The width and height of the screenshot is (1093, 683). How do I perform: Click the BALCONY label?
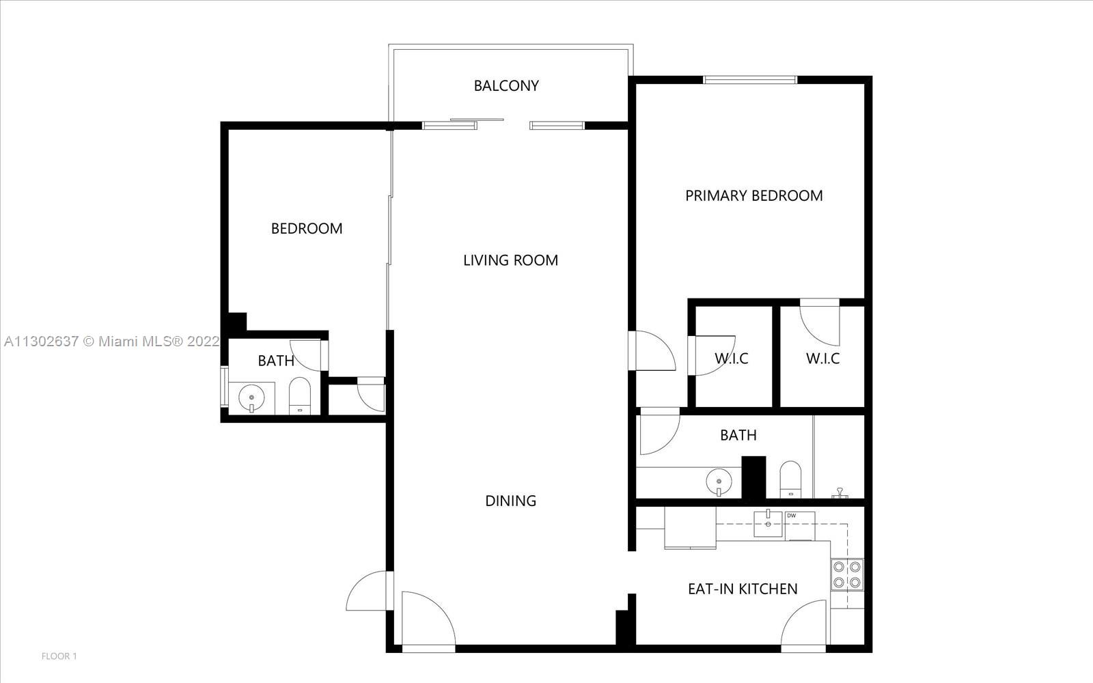coord(506,86)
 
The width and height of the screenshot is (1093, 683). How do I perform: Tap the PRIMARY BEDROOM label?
coord(754,195)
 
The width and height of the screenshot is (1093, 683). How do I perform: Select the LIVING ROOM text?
coord(510,260)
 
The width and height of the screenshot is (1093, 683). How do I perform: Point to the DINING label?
coord(510,501)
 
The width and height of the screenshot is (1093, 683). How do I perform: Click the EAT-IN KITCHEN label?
coord(743,589)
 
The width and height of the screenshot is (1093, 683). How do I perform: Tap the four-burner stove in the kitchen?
coord(847,574)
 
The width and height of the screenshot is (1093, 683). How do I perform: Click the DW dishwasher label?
coord(792,516)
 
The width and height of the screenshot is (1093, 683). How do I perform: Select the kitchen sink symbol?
coord(768,523)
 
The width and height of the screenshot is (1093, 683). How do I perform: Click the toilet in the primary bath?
coord(790,479)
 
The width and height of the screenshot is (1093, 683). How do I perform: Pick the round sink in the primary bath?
coord(719,482)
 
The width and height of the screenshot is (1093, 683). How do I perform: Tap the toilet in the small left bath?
coord(300,395)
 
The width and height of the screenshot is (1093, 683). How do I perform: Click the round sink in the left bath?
coord(251,398)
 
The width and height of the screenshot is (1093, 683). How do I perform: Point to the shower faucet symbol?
coord(840,492)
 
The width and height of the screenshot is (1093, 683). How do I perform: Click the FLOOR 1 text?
coord(59,656)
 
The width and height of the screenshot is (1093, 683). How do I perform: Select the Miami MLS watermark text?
coord(112,341)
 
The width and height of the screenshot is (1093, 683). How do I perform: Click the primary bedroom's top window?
coord(750,79)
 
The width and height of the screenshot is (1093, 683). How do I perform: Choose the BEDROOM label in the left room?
coord(307,228)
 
